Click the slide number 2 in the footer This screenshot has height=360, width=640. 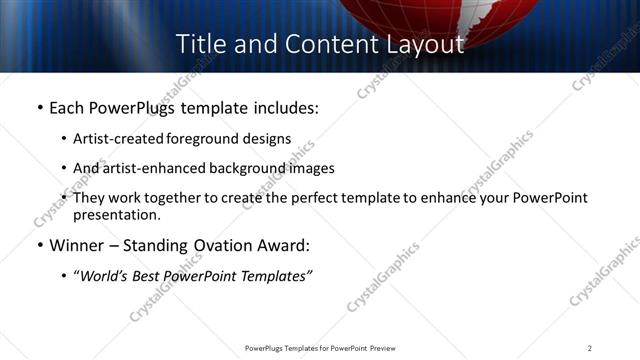(x=590, y=348)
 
